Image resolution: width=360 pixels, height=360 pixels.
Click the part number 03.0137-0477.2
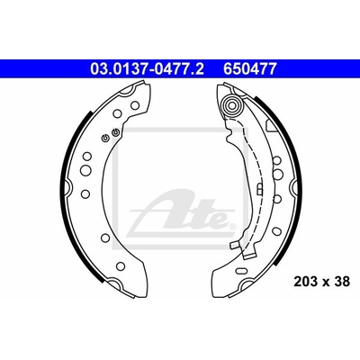coord(147,69)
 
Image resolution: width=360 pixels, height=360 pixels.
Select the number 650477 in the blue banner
coord(249,69)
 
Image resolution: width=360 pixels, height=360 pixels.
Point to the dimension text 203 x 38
coord(322,282)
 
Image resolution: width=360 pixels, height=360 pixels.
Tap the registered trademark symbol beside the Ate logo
coord(231,226)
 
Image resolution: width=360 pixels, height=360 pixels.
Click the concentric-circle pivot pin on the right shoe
coord(232,105)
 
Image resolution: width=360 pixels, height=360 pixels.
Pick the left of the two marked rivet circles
coord(105,138)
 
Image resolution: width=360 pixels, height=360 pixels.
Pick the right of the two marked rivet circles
coord(115,132)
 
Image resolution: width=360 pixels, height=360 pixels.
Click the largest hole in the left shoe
coord(85,170)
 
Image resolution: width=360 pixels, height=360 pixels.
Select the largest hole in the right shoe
coord(278,173)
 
